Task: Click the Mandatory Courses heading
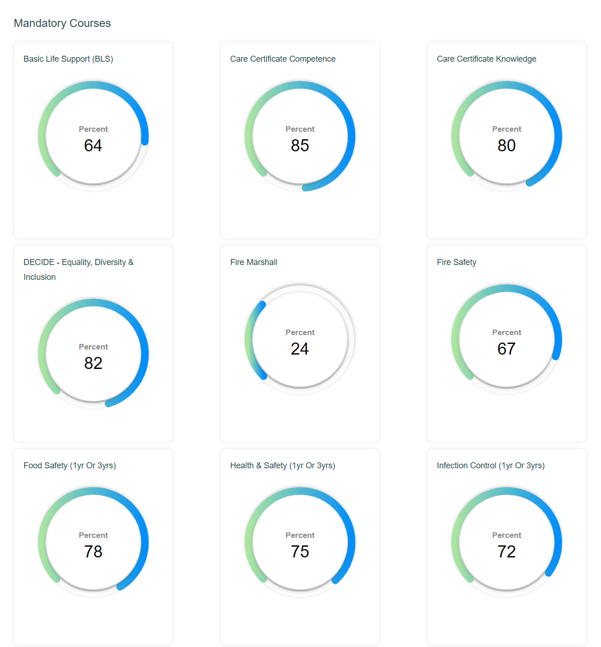tap(62, 23)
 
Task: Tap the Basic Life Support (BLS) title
tap(68, 59)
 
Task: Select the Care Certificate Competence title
tap(282, 59)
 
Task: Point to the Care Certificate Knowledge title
tap(486, 59)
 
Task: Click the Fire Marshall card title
tap(254, 262)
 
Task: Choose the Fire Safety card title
tap(457, 262)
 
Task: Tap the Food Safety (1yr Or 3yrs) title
tap(70, 466)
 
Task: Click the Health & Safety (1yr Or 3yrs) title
tap(282, 466)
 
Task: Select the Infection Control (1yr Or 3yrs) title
tap(490, 466)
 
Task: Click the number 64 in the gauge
tap(93, 146)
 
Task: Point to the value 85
tap(300, 146)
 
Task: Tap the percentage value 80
tap(507, 146)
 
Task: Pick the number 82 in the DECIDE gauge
tap(93, 363)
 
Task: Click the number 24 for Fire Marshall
tap(300, 349)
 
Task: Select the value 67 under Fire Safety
tap(507, 349)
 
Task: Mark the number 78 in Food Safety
tap(93, 552)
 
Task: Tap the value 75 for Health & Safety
tap(300, 552)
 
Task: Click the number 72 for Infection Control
tap(507, 552)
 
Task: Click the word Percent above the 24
tap(300, 332)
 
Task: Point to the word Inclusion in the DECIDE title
tap(39, 277)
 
